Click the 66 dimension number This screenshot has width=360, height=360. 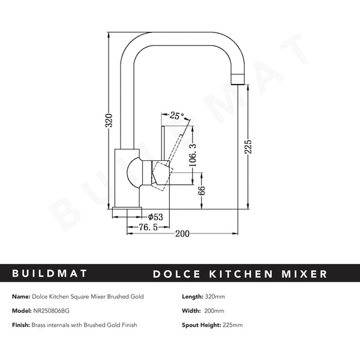(202, 192)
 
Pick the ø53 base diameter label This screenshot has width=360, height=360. (155, 217)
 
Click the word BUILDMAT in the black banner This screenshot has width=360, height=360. (50, 274)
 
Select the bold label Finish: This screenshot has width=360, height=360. (23, 325)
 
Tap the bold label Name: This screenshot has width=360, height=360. (22, 296)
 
